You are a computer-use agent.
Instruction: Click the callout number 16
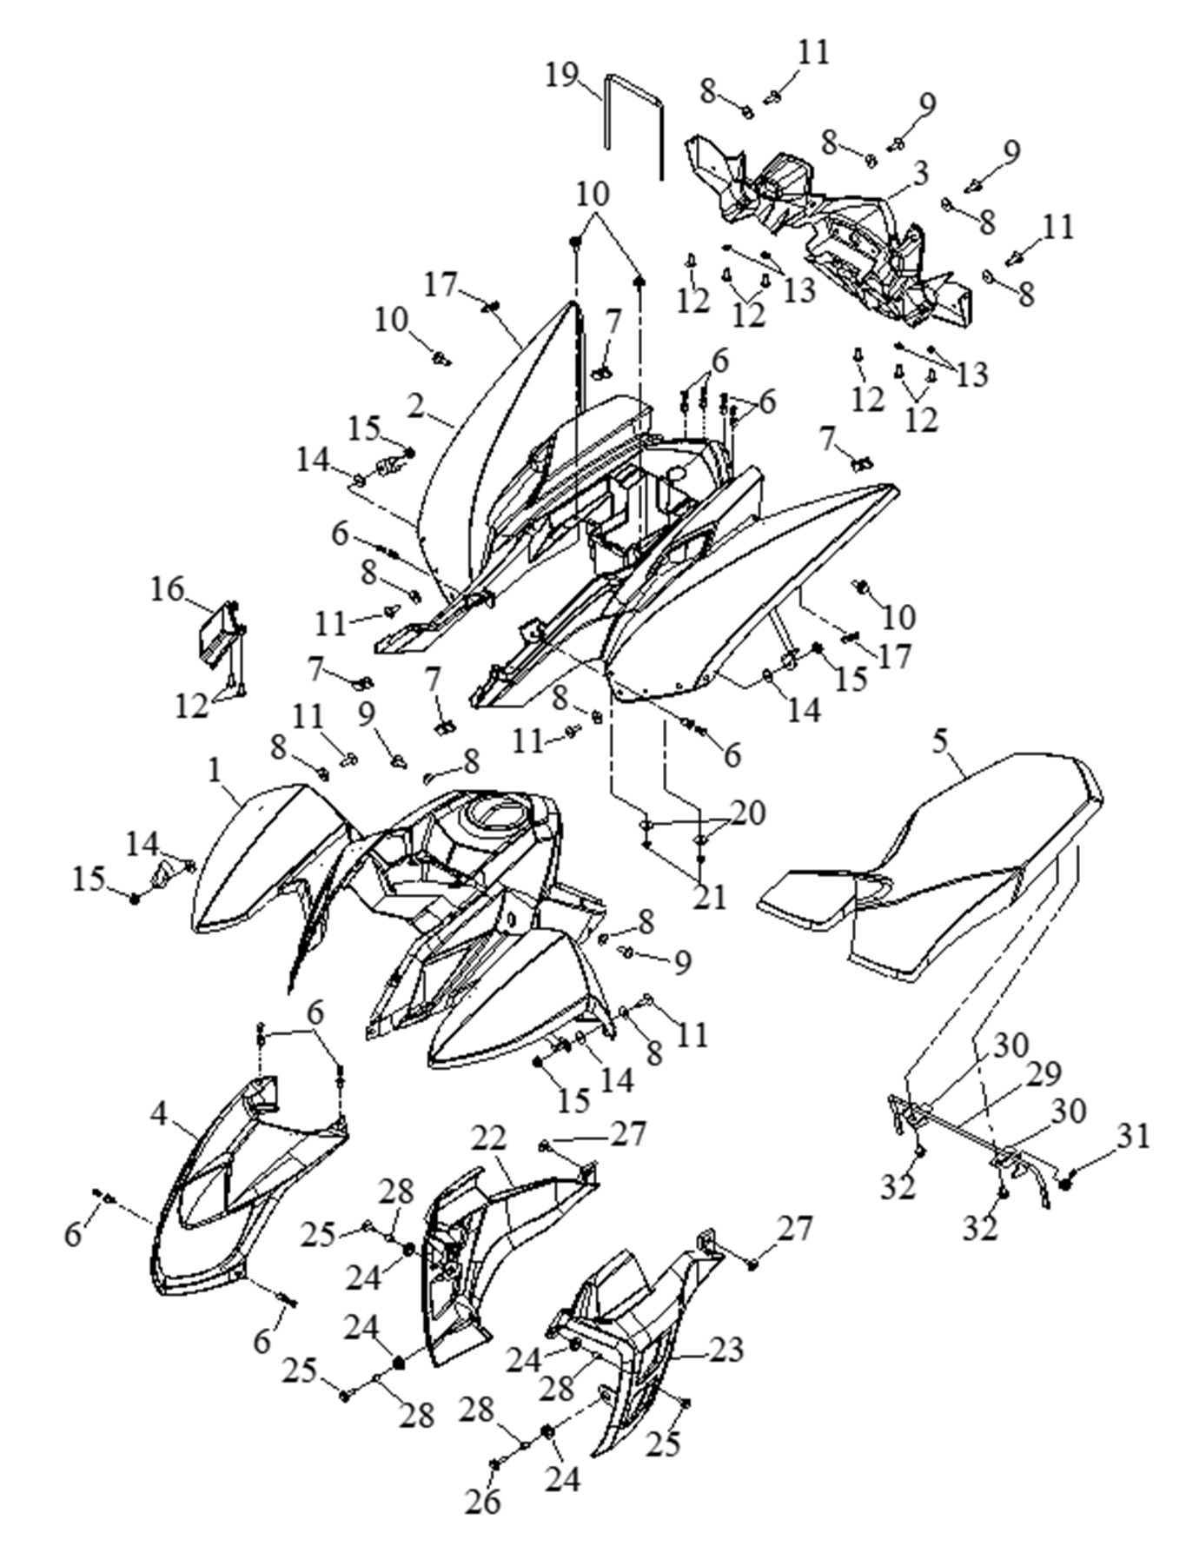coord(168,589)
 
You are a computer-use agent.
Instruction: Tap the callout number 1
coord(215,768)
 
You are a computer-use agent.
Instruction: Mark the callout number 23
coord(726,1349)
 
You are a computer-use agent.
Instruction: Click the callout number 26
coord(483,1500)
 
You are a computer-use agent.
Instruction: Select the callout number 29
coord(1044,1075)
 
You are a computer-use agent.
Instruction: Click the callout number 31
coord(1132,1135)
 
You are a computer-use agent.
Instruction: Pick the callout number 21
coord(711,897)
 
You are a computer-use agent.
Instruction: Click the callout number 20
coord(748,813)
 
